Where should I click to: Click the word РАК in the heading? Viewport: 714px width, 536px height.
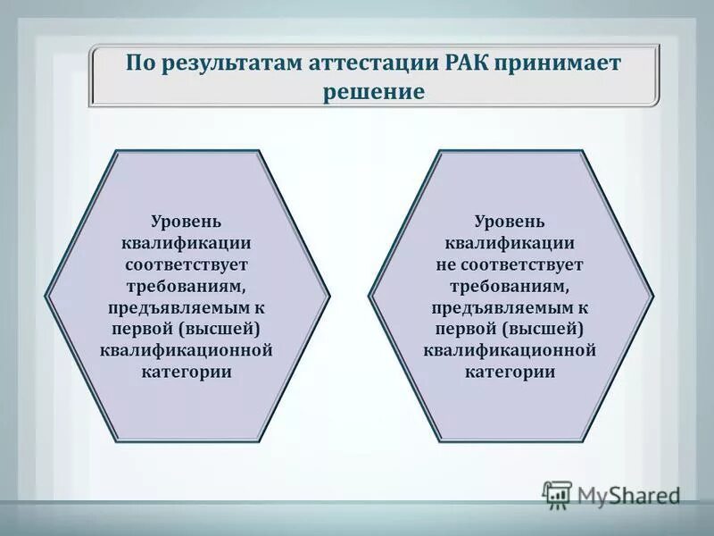(x=456, y=65)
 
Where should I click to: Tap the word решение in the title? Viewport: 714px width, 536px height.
(x=373, y=91)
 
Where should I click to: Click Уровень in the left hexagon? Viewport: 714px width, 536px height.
(x=186, y=221)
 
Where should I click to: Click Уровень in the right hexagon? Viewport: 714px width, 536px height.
(x=510, y=221)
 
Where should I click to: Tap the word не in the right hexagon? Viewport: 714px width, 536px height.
(x=446, y=264)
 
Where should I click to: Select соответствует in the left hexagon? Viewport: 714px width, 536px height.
(x=186, y=264)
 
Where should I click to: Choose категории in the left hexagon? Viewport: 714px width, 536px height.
(x=186, y=372)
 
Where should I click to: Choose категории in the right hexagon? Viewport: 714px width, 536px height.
(x=510, y=372)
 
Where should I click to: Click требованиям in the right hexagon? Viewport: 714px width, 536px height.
(x=510, y=286)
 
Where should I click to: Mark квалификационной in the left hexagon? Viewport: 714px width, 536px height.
(x=186, y=350)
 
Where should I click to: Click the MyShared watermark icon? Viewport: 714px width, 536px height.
(x=557, y=494)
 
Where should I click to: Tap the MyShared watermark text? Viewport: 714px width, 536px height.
(x=628, y=495)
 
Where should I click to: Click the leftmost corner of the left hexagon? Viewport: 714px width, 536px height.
(x=46, y=295)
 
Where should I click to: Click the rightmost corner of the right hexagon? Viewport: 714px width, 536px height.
(x=653, y=295)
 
